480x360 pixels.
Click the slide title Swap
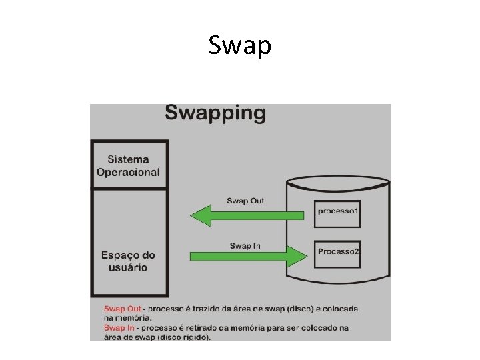(239, 46)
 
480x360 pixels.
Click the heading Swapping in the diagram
(215, 112)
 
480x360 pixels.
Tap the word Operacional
(128, 172)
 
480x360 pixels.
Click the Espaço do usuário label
(128, 261)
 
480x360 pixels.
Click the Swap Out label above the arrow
(245, 201)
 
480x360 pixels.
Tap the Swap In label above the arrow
(245, 246)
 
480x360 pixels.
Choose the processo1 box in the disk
(338, 211)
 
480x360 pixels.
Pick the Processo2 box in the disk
(338, 252)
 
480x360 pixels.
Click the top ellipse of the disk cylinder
(338, 181)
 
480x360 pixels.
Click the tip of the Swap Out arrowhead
(191, 215)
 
